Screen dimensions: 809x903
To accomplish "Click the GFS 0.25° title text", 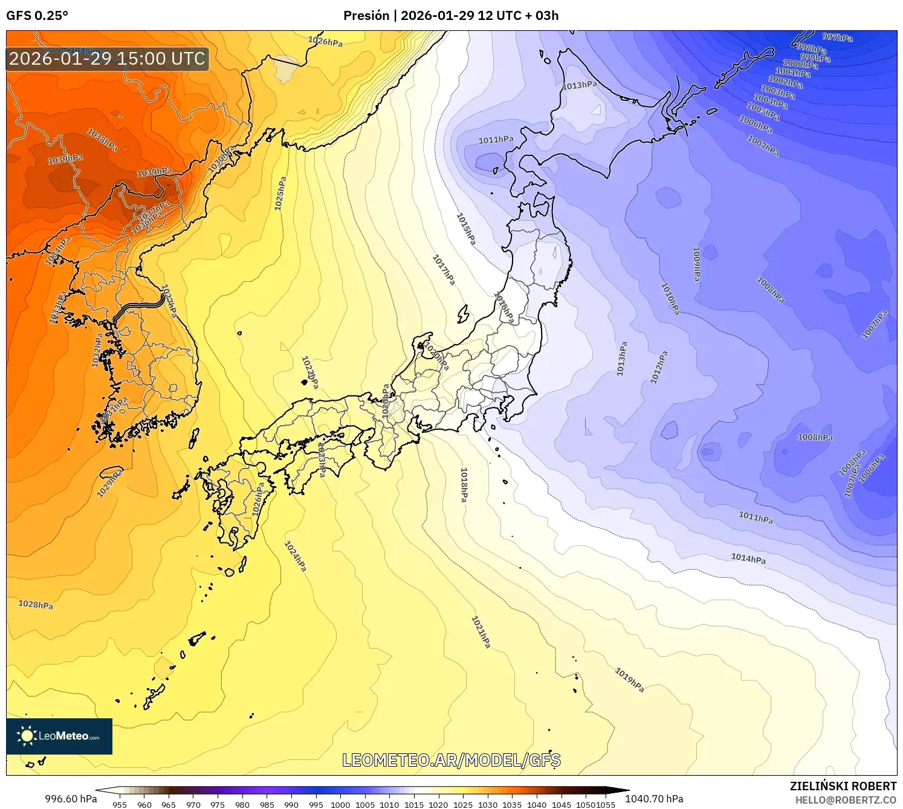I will click(37, 16).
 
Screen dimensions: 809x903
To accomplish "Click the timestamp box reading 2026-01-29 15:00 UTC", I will click(108, 59).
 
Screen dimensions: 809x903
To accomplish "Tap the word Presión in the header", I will click(366, 16).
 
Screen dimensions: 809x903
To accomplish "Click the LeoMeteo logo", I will click(59, 736).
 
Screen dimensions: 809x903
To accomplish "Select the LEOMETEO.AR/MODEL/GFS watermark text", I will click(451, 760).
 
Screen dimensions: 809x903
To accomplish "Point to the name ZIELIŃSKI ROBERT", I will click(843, 786).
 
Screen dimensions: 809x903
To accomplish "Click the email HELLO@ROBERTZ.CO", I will click(846, 800).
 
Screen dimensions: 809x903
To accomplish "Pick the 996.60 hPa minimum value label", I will click(71, 799).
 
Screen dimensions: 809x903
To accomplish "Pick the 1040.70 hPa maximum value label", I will click(654, 799).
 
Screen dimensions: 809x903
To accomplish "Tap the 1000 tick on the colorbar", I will click(340, 804).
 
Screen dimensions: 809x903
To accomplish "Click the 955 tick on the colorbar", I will click(120, 804).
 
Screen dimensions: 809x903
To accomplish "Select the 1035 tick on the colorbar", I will click(512, 804).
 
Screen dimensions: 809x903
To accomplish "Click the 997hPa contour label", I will click(837, 37).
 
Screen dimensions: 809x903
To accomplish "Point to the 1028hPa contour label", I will click(36, 605).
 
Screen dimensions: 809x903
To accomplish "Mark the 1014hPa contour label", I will click(748, 558).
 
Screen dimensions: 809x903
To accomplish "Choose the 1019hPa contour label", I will click(629, 680).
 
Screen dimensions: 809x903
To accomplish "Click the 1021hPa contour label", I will click(481, 632).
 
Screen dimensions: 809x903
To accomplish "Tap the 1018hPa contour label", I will click(464, 484).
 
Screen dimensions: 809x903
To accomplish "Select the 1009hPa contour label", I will click(696, 264).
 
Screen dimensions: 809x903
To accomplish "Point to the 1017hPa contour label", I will click(444, 270).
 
